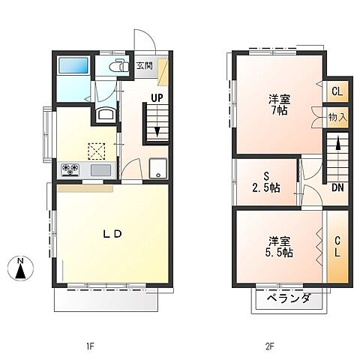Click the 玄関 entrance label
[x=145, y=66]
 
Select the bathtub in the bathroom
[x=73, y=65]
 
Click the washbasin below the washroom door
[x=106, y=115]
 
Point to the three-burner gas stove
[x=70, y=169]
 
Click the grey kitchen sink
[x=100, y=170]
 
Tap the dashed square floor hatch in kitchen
[x=97, y=151]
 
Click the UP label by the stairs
[x=157, y=97]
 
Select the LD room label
[x=112, y=234]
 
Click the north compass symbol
[x=20, y=269]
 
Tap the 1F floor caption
[x=90, y=346]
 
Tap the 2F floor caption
[x=270, y=346]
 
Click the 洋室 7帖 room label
[x=280, y=105]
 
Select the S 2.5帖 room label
[x=265, y=182]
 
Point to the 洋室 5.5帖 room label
[x=279, y=247]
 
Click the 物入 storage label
[x=337, y=117]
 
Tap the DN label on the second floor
[x=337, y=187]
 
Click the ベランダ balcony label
[x=289, y=298]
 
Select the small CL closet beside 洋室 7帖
[x=337, y=91]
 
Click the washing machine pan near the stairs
[x=158, y=169]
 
